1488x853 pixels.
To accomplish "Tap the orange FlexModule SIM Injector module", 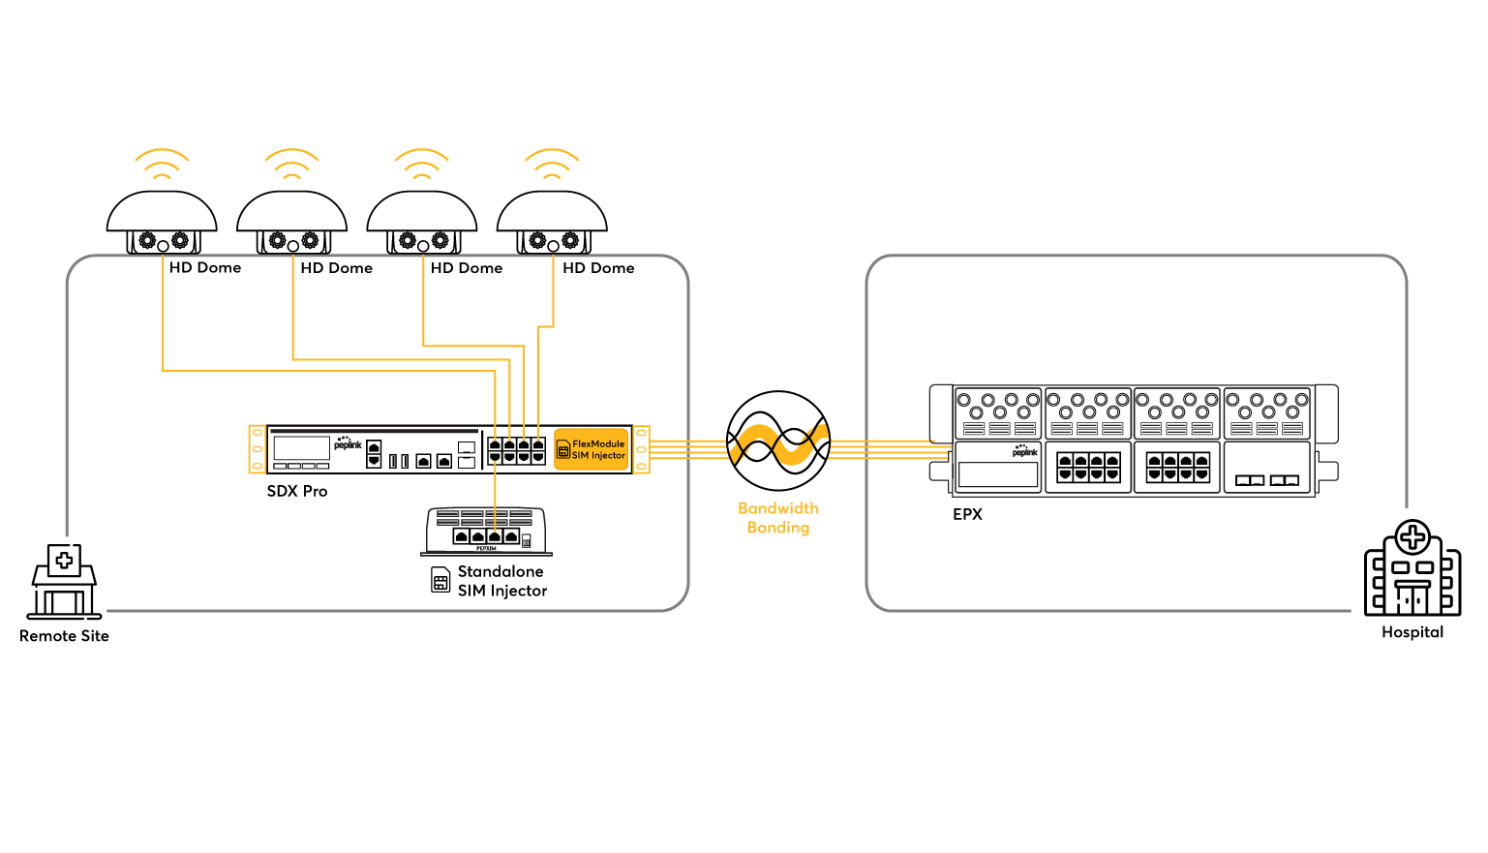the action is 592,449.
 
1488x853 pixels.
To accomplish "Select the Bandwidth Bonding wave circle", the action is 778,442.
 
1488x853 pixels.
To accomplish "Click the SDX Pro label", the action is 297,492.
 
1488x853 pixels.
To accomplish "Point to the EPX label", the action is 967,514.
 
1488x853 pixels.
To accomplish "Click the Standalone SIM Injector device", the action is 486,531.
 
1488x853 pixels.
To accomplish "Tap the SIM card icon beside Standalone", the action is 440,580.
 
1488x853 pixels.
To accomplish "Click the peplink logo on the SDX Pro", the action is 348,443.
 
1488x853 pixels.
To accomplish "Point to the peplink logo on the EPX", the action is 1024,450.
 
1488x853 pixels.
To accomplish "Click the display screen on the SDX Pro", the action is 302,447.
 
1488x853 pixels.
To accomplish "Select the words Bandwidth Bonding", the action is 778,518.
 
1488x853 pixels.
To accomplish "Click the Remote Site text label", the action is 64,636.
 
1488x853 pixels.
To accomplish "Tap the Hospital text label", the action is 1412,632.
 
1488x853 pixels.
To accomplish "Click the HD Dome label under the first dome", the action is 204,268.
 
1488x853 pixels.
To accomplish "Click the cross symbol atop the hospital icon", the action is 1412,536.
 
